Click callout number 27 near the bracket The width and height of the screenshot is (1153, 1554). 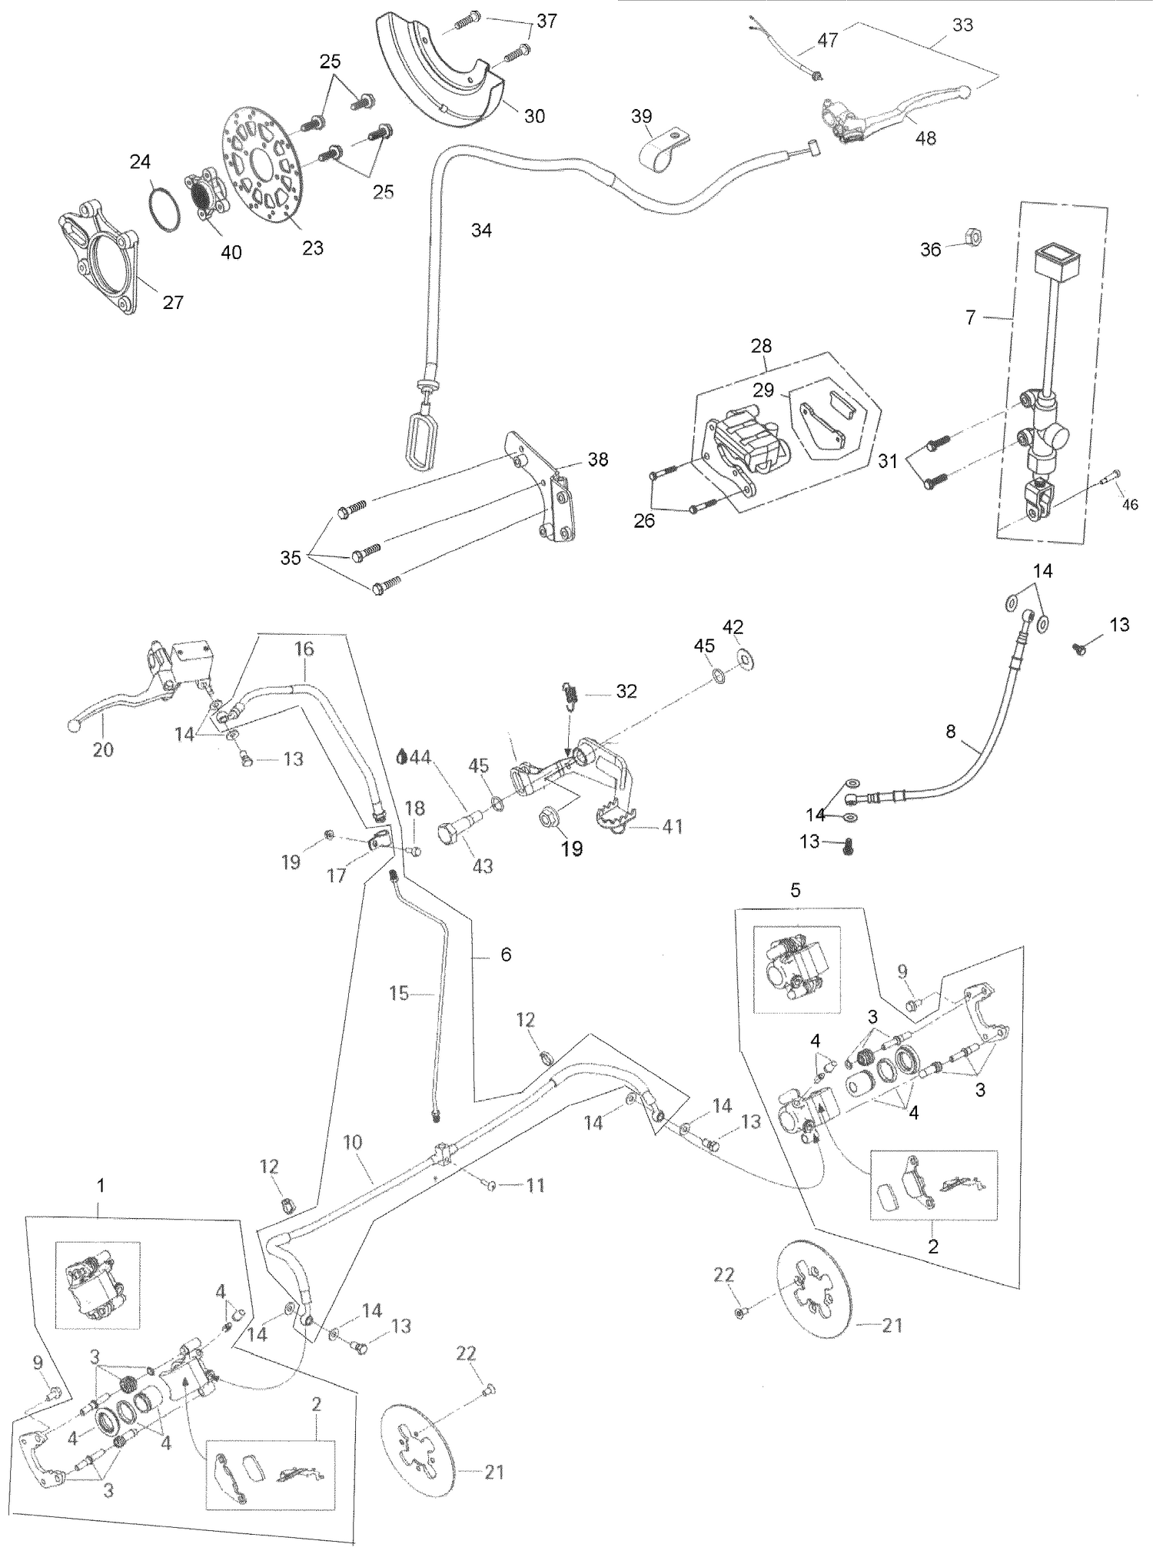tap(173, 302)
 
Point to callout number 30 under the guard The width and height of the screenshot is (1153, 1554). tap(534, 116)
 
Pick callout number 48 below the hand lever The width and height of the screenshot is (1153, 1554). tap(925, 138)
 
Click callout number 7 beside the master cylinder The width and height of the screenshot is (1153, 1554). tap(970, 317)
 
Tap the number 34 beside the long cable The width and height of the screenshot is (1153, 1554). tap(481, 230)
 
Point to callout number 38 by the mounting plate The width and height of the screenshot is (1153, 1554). tap(597, 460)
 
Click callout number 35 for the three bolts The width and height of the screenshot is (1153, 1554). tap(290, 558)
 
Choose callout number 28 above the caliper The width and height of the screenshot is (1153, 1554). tap(761, 346)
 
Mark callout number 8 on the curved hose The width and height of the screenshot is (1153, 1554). tap(951, 732)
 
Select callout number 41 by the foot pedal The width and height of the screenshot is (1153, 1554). tap(672, 827)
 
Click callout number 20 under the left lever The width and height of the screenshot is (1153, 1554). tap(103, 749)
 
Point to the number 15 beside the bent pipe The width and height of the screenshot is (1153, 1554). tap(399, 994)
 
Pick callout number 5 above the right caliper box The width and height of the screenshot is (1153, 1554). tap(795, 889)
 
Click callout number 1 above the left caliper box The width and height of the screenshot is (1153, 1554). tap(100, 1186)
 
